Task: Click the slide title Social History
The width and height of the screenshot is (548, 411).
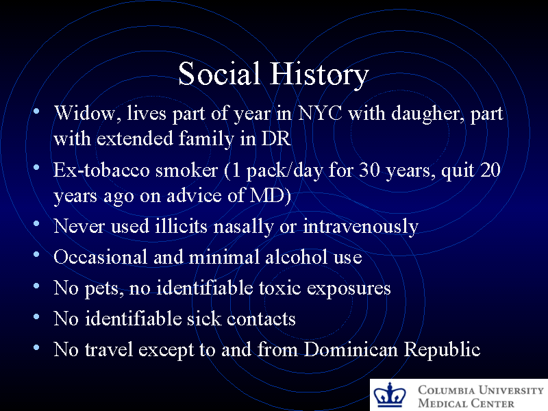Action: click(273, 75)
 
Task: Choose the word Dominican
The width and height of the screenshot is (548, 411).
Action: click(351, 349)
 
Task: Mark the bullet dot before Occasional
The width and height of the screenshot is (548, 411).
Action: click(36, 256)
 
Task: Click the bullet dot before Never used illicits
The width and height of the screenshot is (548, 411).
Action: click(36, 225)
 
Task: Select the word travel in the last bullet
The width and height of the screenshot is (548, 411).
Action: click(109, 349)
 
